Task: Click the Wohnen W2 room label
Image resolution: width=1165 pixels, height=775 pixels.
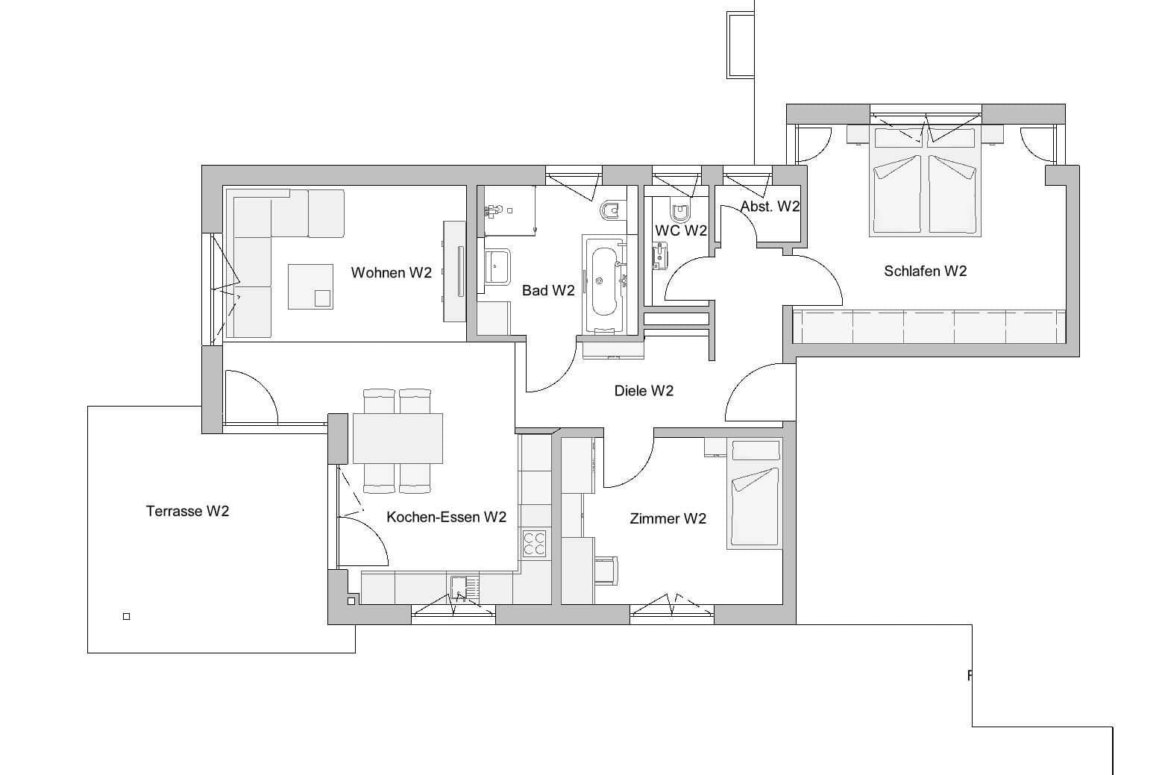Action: (x=391, y=273)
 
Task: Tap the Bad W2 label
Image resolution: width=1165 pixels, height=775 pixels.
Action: (x=548, y=291)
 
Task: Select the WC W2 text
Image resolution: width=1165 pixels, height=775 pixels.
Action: (x=680, y=230)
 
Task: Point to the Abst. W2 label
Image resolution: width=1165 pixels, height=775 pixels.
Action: (x=770, y=207)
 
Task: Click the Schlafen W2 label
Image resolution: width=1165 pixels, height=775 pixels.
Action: (x=925, y=272)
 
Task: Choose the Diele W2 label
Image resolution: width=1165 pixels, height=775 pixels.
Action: (x=644, y=391)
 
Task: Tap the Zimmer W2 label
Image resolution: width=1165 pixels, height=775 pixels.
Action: (x=668, y=518)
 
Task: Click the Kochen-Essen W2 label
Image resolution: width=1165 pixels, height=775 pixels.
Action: (x=446, y=517)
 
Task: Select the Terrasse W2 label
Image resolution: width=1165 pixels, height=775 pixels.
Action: (x=187, y=511)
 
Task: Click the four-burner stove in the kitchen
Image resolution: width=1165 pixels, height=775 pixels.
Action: (x=534, y=542)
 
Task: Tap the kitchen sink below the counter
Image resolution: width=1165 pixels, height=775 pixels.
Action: (x=459, y=588)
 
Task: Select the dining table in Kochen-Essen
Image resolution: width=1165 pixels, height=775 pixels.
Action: (x=397, y=438)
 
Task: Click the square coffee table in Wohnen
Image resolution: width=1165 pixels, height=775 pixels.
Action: (x=310, y=286)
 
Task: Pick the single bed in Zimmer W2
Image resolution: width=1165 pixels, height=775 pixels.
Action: (x=755, y=496)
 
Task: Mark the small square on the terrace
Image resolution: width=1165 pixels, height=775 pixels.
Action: (x=126, y=616)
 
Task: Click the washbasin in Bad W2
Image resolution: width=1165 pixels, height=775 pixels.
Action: (x=497, y=266)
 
